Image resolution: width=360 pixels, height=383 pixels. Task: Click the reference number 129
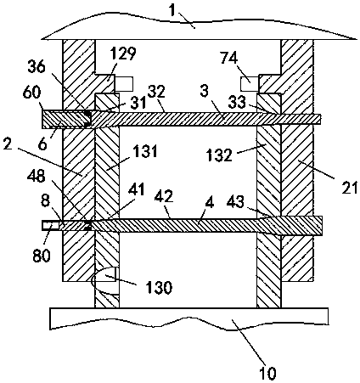[x=123, y=54]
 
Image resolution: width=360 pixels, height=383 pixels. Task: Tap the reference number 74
[x=229, y=59]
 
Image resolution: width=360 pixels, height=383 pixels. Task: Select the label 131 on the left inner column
[x=145, y=151]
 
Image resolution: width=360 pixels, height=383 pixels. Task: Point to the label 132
[x=219, y=155]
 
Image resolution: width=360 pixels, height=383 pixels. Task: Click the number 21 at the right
[x=350, y=187]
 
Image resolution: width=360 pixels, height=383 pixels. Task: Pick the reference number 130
[x=159, y=287]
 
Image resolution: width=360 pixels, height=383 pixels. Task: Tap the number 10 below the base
[x=267, y=373]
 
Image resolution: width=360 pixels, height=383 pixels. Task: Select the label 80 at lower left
[x=42, y=255]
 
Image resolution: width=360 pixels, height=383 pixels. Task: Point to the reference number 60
[x=32, y=92]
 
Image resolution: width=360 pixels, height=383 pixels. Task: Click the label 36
[x=37, y=67]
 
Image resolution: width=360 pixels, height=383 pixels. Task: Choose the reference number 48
[x=37, y=177]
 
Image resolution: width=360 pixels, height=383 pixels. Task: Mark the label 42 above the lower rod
[x=164, y=196]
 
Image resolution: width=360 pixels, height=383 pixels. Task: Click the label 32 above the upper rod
[x=156, y=92]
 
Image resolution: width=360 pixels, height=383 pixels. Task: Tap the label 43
[x=235, y=202]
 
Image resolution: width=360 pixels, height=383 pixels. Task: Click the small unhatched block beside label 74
[x=250, y=84]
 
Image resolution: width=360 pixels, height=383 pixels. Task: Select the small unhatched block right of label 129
[x=124, y=84]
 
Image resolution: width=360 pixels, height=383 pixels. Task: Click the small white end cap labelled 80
[x=50, y=226]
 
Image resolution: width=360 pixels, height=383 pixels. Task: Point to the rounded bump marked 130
[x=104, y=281]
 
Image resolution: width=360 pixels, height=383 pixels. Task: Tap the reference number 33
[x=237, y=103]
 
